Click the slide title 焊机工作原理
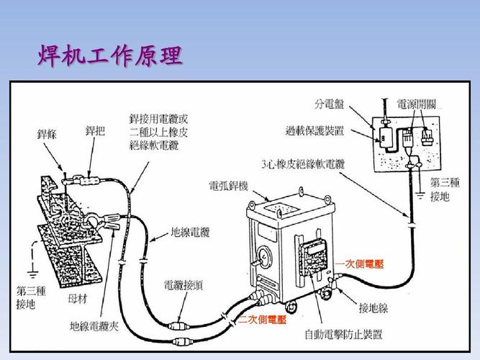coord(109,56)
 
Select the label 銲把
coord(95,131)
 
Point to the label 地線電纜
coord(190,233)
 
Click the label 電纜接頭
coord(183,285)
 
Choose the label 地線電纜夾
coord(94,326)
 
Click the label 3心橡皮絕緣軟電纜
coord(303,164)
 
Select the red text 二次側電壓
coord(263,319)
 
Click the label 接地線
coord(373,308)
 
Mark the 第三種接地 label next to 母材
coord(30,298)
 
